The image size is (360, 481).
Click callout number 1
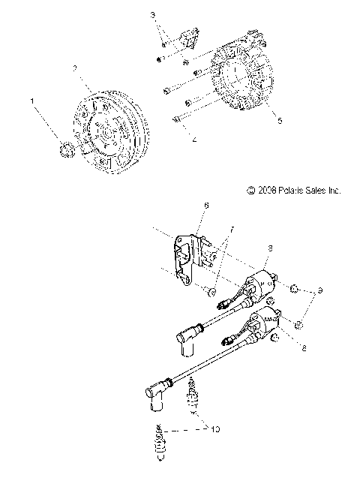(x=31, y=99)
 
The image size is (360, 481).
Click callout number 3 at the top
(x=153, y=15)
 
